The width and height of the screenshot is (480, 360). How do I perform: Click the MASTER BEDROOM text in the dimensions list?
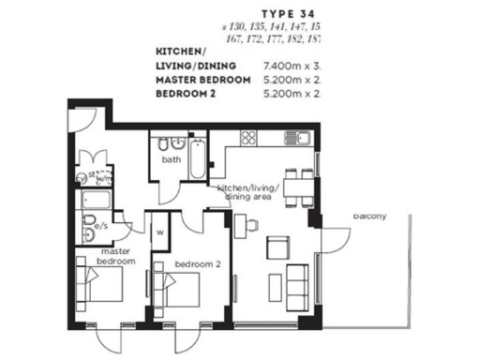202,81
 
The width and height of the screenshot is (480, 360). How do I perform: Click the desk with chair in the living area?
247,223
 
